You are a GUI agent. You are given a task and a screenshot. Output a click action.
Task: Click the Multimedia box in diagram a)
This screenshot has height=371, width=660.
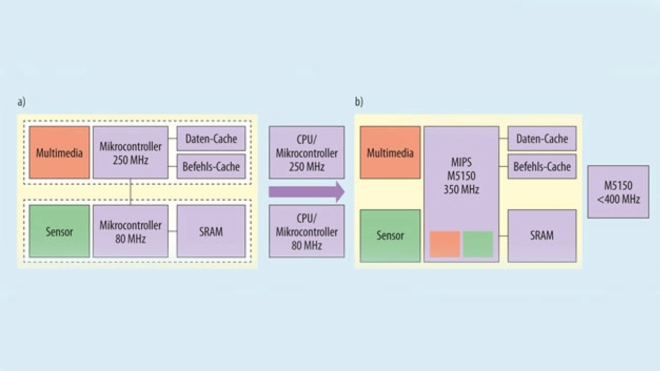pos(59,152)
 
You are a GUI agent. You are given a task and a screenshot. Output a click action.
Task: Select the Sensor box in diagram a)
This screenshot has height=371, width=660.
pos(59,231)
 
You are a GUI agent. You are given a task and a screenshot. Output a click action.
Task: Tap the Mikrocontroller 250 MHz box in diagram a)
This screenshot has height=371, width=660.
pos(130,152)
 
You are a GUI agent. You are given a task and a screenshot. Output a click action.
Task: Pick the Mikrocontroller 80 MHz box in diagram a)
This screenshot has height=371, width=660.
pos(130,231)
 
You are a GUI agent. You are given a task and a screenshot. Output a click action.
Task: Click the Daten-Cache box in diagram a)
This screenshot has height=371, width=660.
pos(211,138)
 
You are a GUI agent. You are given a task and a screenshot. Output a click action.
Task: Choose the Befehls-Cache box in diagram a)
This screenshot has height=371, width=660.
pos(211,166)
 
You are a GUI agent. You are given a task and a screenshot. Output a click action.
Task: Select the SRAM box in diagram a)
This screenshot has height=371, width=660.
pos(211,231)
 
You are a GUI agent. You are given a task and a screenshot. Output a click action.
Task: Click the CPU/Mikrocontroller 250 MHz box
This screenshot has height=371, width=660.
pos(306,152)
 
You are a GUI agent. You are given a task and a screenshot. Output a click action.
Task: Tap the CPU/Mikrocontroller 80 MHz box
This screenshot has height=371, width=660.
pos(306,231)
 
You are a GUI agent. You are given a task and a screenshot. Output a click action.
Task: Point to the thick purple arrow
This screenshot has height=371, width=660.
pos(306,191)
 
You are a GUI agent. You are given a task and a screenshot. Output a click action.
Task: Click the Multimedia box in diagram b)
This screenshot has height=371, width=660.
pos(390,152)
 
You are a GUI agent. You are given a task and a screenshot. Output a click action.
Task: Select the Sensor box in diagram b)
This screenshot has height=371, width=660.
pos(390,236)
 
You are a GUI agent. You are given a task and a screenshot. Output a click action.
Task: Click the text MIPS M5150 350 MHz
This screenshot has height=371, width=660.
pos(461,176)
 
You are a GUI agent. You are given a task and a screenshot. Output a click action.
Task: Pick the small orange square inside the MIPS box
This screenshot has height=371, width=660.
pos(445,244)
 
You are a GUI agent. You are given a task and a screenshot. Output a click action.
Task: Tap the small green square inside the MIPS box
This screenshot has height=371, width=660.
pos(478,244)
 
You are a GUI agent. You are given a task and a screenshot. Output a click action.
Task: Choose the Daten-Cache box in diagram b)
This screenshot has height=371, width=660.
pos(542,138)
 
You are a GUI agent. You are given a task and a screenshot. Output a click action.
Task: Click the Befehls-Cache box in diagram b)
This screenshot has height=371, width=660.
pos(542,166)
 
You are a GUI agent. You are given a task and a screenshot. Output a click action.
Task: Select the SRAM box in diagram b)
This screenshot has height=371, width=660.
pos(542,236)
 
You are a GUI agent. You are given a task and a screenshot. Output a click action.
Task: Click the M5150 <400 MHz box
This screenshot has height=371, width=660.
pos(618,191)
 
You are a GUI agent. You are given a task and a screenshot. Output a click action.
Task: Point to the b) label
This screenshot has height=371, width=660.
pos(359,102)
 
